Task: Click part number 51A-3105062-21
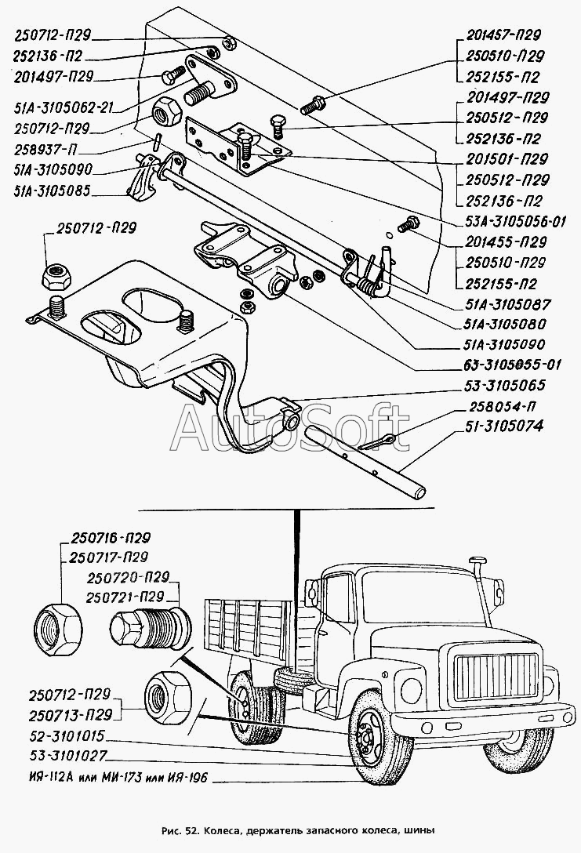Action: pos(63,107)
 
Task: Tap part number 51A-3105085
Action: pos(53,191)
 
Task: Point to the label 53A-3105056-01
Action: pos(515,221)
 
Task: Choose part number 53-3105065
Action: pos(504,386)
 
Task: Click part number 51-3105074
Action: pos(503,426)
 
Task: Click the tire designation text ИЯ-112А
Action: pos(49,778)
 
